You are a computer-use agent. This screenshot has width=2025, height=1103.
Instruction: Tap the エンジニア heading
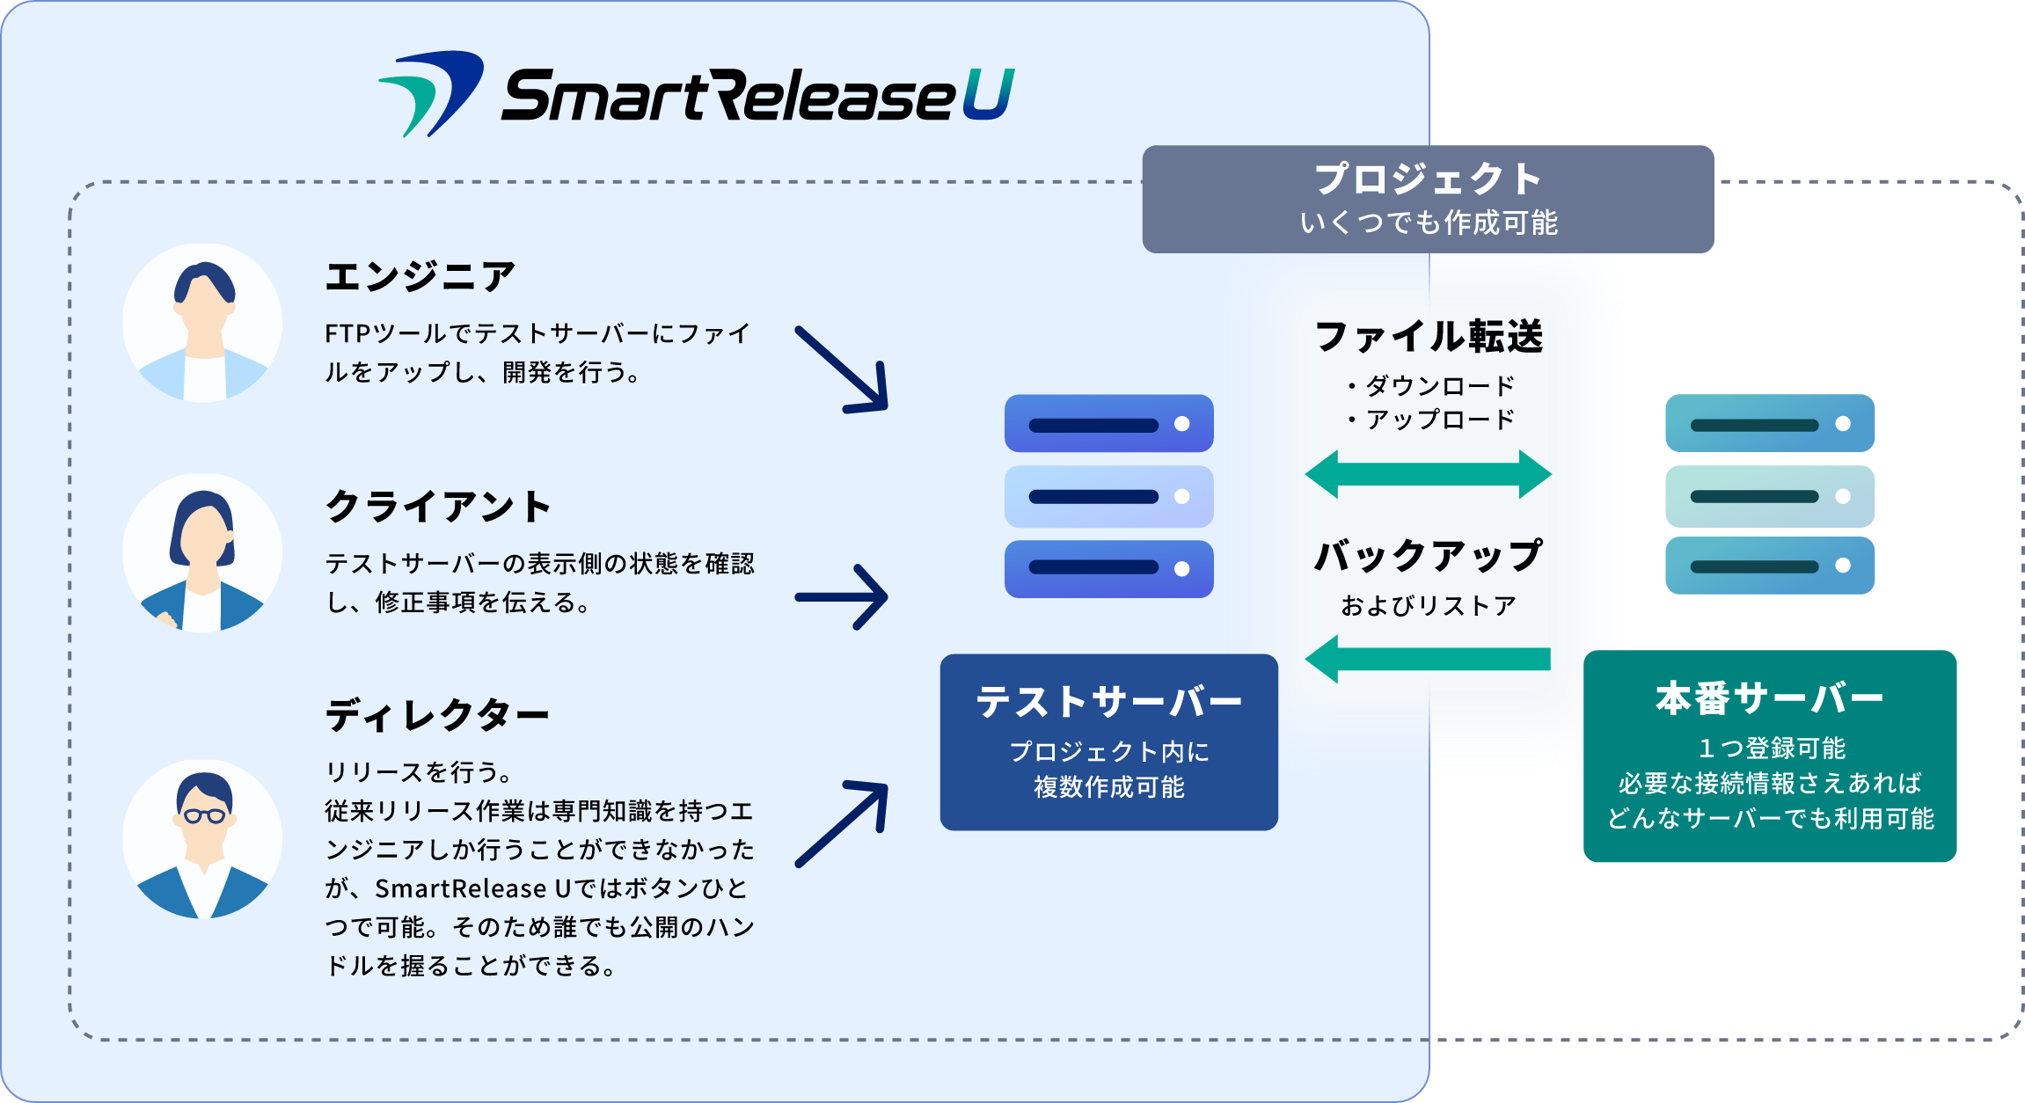click(x=420, y=276)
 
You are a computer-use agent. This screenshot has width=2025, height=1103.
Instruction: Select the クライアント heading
click(x=438, y=507)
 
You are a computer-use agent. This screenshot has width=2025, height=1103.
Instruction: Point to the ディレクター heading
click(x=437, y=715)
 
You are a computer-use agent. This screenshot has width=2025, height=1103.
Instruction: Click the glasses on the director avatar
click(x=204, y=815)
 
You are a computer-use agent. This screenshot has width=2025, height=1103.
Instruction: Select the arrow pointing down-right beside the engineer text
click(x=843, y=370)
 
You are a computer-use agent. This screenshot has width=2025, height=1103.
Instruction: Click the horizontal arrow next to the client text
click(x=842, y=597)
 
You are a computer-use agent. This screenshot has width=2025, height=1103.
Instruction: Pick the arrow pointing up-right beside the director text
click(x=843, y=823)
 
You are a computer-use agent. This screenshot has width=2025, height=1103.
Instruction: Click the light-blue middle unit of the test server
click(x=1108, y=497)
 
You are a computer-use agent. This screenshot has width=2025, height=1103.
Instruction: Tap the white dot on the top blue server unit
click(x=1182, y=424)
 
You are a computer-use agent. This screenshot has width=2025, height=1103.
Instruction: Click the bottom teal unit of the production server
click(x=1769, y=566)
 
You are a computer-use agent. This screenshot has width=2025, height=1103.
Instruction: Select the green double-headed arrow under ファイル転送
click(x=1428, y=474)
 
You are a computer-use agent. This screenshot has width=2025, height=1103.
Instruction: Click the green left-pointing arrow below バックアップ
click(x=1428, y=659)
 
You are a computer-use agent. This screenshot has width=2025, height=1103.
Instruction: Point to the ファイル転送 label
click(x=1429, y=337)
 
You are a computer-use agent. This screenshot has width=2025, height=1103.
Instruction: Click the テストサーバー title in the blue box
click(x=1108, y=702)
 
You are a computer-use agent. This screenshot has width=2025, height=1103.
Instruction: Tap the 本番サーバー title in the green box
click(x=1769, y=699)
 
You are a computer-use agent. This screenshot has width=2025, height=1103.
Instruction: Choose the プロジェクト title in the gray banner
click(x=1428, y=179)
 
